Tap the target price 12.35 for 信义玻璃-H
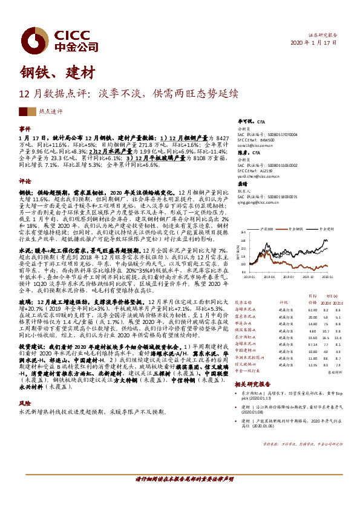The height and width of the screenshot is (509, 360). [296, 365]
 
